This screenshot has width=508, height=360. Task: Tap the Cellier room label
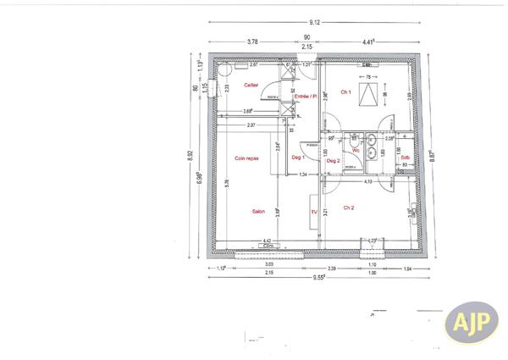pos(251,86)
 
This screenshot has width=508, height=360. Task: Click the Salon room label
pos(259,212)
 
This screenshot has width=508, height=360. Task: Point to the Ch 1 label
pos(345,91)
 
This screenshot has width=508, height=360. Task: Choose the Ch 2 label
pos(348,207)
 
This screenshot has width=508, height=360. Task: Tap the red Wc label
pos(356,151)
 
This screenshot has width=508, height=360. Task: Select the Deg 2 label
pos(333,160)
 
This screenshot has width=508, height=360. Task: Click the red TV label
pos(313,212)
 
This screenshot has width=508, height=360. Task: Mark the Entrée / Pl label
pos(305,97)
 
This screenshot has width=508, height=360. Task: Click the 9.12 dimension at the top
pos(314,22)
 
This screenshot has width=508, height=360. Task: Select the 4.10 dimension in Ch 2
pos(368,181)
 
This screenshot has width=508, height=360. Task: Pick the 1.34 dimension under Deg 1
pos(303,174)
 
